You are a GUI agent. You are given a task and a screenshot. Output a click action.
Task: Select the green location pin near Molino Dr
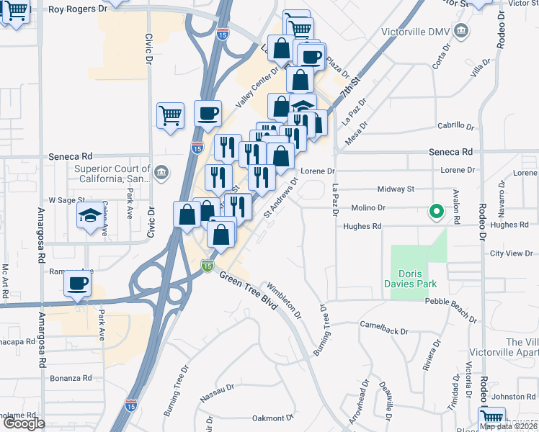[x=435, y=212]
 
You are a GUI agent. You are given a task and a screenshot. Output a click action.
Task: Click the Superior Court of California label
[x=112, y=174]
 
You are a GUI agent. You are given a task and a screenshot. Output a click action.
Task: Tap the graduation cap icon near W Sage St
[x=89, y=215]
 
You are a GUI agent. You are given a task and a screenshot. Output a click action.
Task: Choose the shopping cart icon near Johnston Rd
[x=492, y=417]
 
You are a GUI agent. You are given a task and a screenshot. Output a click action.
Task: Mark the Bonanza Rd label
[x=71, y=377]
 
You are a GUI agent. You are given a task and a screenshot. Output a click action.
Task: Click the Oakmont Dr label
[x=273, y=418]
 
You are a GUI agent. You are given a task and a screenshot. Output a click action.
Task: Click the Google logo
[x=23, y=423]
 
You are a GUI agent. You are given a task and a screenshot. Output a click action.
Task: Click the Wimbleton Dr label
[x=285, y=300]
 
